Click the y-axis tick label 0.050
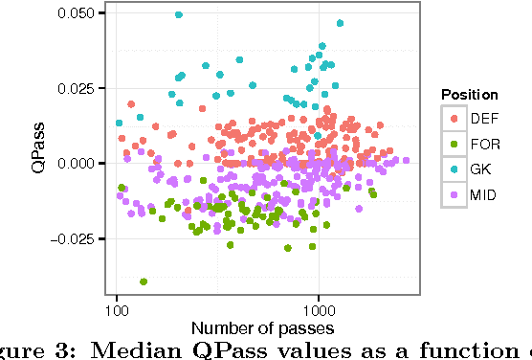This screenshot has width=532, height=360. [x=78, y=13]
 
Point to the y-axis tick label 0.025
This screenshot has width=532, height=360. [x=78, y=88]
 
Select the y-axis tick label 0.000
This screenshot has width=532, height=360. [x=78, y=164]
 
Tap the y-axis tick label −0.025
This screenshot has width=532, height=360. [x=74, y=238]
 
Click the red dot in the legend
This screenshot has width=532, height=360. [x=454, y=118]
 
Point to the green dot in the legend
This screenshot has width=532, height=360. [x=454, y=144]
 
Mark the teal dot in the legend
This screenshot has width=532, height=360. [x=454, y=169]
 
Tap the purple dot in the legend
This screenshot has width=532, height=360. [x=454, y=195]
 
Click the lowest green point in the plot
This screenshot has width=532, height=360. [x=144, y=281]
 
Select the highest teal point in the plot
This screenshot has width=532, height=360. [x=179, y=15]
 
